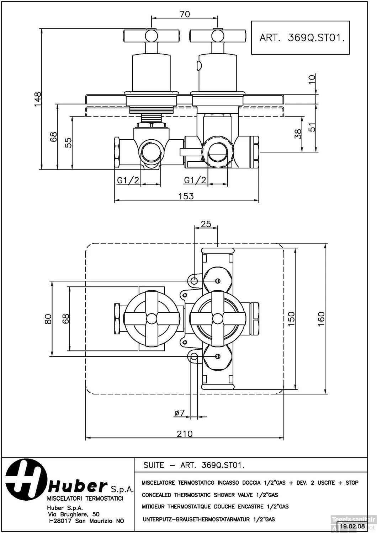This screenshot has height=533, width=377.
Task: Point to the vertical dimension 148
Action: coord(37,98)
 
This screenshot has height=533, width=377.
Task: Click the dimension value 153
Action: coord(186,196)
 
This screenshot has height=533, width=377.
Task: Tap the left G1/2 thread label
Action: coord(128,180)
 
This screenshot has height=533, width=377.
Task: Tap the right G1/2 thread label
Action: coord(195,180)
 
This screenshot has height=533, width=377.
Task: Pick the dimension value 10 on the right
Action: coord(312,79)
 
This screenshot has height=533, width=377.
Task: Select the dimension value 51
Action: coord(312,127)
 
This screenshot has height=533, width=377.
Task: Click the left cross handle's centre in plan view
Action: coord(152,318)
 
